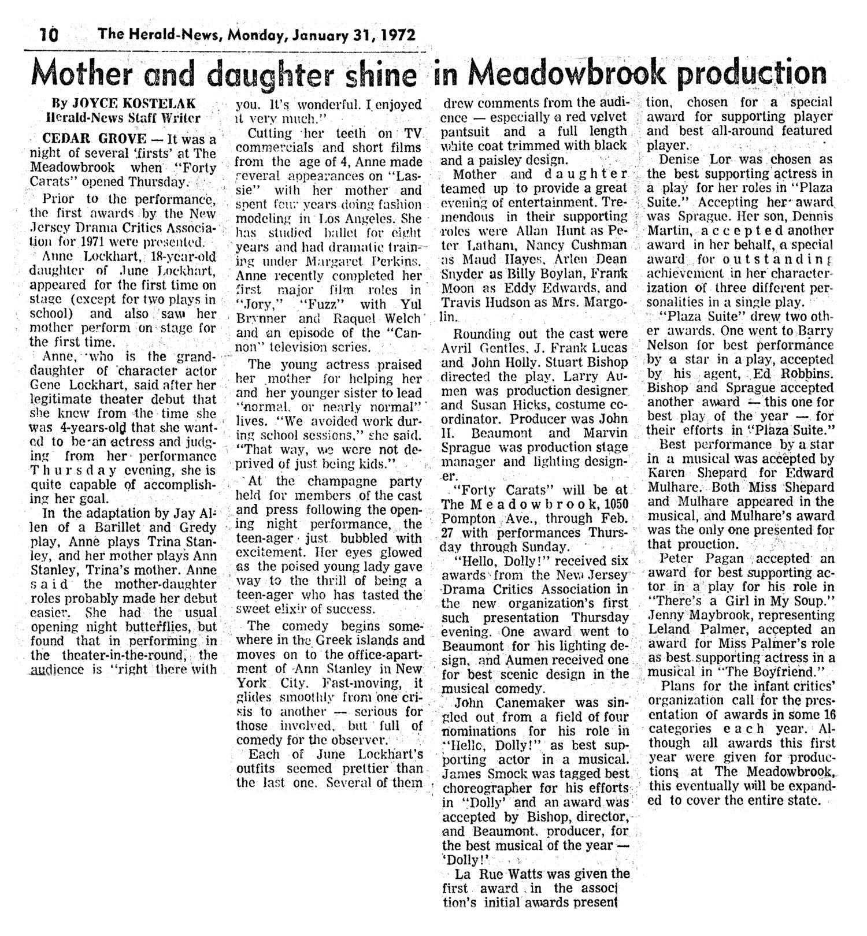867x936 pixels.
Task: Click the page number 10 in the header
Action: coord(50,35)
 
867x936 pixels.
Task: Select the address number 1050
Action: coord(614,504)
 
